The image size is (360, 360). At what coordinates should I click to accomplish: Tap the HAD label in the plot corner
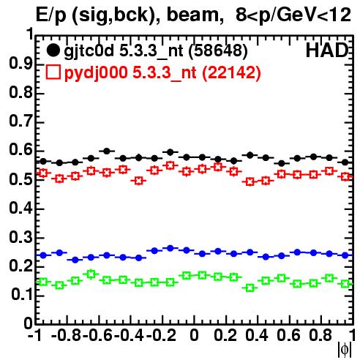coord(327,50)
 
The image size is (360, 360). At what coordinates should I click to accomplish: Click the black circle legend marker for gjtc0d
coord(53,50)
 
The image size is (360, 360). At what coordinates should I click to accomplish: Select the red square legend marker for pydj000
coord(53,72)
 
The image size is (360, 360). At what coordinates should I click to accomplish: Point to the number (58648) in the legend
coord(218,50)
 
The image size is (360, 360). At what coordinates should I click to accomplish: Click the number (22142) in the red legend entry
coord(231,72)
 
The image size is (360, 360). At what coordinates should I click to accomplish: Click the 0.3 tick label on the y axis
coord(20,237)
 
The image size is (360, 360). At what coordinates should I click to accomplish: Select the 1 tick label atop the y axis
coord(30,34)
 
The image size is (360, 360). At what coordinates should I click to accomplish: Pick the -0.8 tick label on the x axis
coord(67,335)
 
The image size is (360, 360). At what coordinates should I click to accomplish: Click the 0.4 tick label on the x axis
coord(257,335)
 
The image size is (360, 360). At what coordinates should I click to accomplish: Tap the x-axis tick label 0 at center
coord(194,335)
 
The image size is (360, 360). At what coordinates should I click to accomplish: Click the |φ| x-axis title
coord(345,350)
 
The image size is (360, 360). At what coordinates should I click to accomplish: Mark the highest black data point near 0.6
coord(107,151)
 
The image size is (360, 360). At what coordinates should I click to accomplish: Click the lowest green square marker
coord(250,288)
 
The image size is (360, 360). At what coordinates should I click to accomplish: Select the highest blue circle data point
coord(170,248)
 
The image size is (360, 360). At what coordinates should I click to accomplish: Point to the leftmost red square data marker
coord(43,173)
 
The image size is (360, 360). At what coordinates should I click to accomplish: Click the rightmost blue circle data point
coord(345,255)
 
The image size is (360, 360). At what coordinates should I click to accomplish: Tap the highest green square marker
coord(91,274)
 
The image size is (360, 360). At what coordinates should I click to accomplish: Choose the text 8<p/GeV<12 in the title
coord(293,15)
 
